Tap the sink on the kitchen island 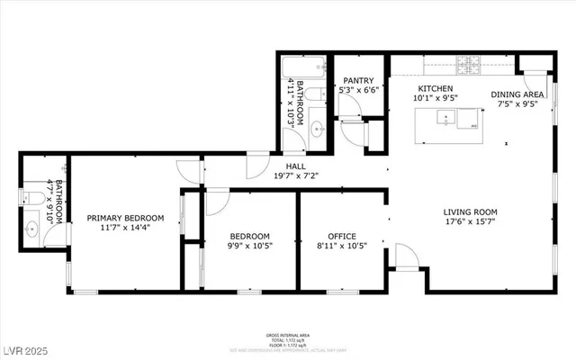(444, 117)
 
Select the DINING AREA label (517, 94)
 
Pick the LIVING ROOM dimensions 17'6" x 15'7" (469, 220)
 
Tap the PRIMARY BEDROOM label (125, 218)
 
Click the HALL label (296, 166)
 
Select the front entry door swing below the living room (406, 260)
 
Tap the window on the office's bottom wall (342, 291)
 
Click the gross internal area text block (288, 337)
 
